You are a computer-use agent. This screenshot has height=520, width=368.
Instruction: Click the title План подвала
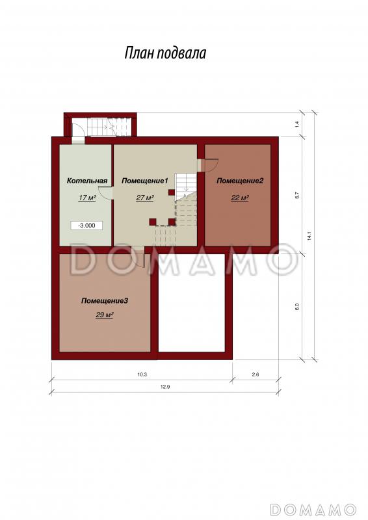165,53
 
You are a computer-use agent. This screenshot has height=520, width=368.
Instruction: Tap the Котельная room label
87,181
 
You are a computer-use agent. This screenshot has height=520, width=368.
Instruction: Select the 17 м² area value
87,198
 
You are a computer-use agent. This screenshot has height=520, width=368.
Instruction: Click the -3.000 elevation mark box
86,226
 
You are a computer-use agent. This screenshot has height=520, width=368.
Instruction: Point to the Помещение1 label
146,181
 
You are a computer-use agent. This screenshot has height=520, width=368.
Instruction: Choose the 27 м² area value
145,198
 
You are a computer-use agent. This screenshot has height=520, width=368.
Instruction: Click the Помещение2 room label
240,181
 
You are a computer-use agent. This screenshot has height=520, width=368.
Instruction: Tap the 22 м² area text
240,198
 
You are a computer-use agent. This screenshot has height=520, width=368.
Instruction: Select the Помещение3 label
105,301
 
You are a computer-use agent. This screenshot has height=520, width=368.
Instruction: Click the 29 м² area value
105,315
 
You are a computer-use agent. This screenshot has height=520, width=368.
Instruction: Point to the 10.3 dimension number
142,374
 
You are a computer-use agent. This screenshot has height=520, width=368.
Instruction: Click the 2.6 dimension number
255,374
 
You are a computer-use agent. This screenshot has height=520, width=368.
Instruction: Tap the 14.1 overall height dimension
309,236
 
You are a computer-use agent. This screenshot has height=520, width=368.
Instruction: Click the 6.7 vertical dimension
297,196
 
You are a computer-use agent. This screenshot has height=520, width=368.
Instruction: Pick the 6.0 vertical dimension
297,307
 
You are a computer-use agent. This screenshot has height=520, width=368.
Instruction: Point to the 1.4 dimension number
297,125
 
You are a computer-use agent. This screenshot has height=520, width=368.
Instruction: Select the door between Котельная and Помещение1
105,193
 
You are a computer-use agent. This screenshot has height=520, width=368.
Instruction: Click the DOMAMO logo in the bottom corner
313,509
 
